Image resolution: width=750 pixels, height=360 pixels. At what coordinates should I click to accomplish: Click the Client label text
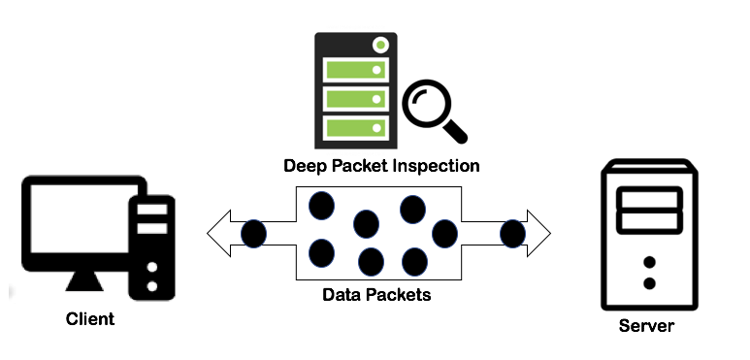point(90,319)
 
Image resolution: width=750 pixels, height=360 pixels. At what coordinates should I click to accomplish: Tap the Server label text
point(646,326)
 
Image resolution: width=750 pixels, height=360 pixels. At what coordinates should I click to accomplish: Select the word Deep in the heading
point(305,166)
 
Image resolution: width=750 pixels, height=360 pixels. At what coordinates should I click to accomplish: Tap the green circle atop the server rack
point(380,45)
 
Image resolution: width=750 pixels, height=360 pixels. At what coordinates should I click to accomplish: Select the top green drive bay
point(355,70)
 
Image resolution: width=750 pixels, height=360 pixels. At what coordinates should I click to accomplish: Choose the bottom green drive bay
point(355,128)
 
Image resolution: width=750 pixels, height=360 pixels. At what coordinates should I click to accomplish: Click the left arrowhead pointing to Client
point(218,233)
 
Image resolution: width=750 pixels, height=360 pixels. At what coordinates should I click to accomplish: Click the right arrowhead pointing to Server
point(538,233)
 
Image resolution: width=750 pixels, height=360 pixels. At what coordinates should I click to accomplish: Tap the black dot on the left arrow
point(253,234)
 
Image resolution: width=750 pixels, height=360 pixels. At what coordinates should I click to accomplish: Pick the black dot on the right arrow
point(512,234)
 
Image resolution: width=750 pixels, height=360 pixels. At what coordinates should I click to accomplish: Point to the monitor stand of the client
point(84,280)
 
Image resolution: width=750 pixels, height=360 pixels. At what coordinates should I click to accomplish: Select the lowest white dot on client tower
point(152,286)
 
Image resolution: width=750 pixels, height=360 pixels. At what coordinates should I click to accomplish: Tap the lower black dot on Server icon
point(649,283)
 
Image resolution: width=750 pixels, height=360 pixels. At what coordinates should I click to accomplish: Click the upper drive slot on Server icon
point(649,199)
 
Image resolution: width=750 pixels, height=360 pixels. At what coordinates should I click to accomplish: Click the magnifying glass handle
point(455,131)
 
